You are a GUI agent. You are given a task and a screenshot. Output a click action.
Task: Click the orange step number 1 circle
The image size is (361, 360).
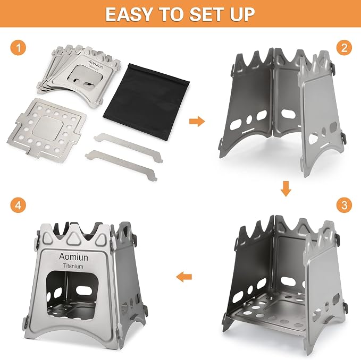tap(18, 48)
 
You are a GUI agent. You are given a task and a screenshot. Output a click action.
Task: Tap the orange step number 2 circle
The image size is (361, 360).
tap(344, 48)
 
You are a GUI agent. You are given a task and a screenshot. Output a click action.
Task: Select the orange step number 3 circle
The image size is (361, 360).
tap(344, 205)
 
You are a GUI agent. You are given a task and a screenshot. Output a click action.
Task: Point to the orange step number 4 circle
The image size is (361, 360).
tap(18, 205)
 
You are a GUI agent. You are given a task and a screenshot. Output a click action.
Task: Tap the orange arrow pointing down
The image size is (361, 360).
tap(286, 188)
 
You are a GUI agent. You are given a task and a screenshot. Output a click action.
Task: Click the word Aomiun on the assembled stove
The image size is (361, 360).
tap(73, 256)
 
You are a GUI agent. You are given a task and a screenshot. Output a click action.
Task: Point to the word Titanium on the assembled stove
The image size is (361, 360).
tap(73, 266)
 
